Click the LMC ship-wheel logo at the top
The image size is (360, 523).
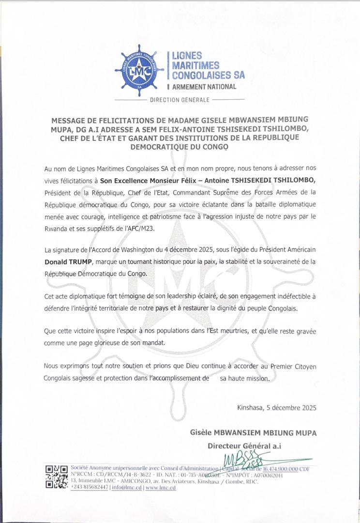tap(139, 70)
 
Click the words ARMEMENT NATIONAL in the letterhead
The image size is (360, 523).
tap(203, 87)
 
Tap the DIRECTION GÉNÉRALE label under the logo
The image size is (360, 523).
tap(180, 100)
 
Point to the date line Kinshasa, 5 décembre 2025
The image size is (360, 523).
tap(277, 408)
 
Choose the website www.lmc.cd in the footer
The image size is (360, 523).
tap(161, 488)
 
